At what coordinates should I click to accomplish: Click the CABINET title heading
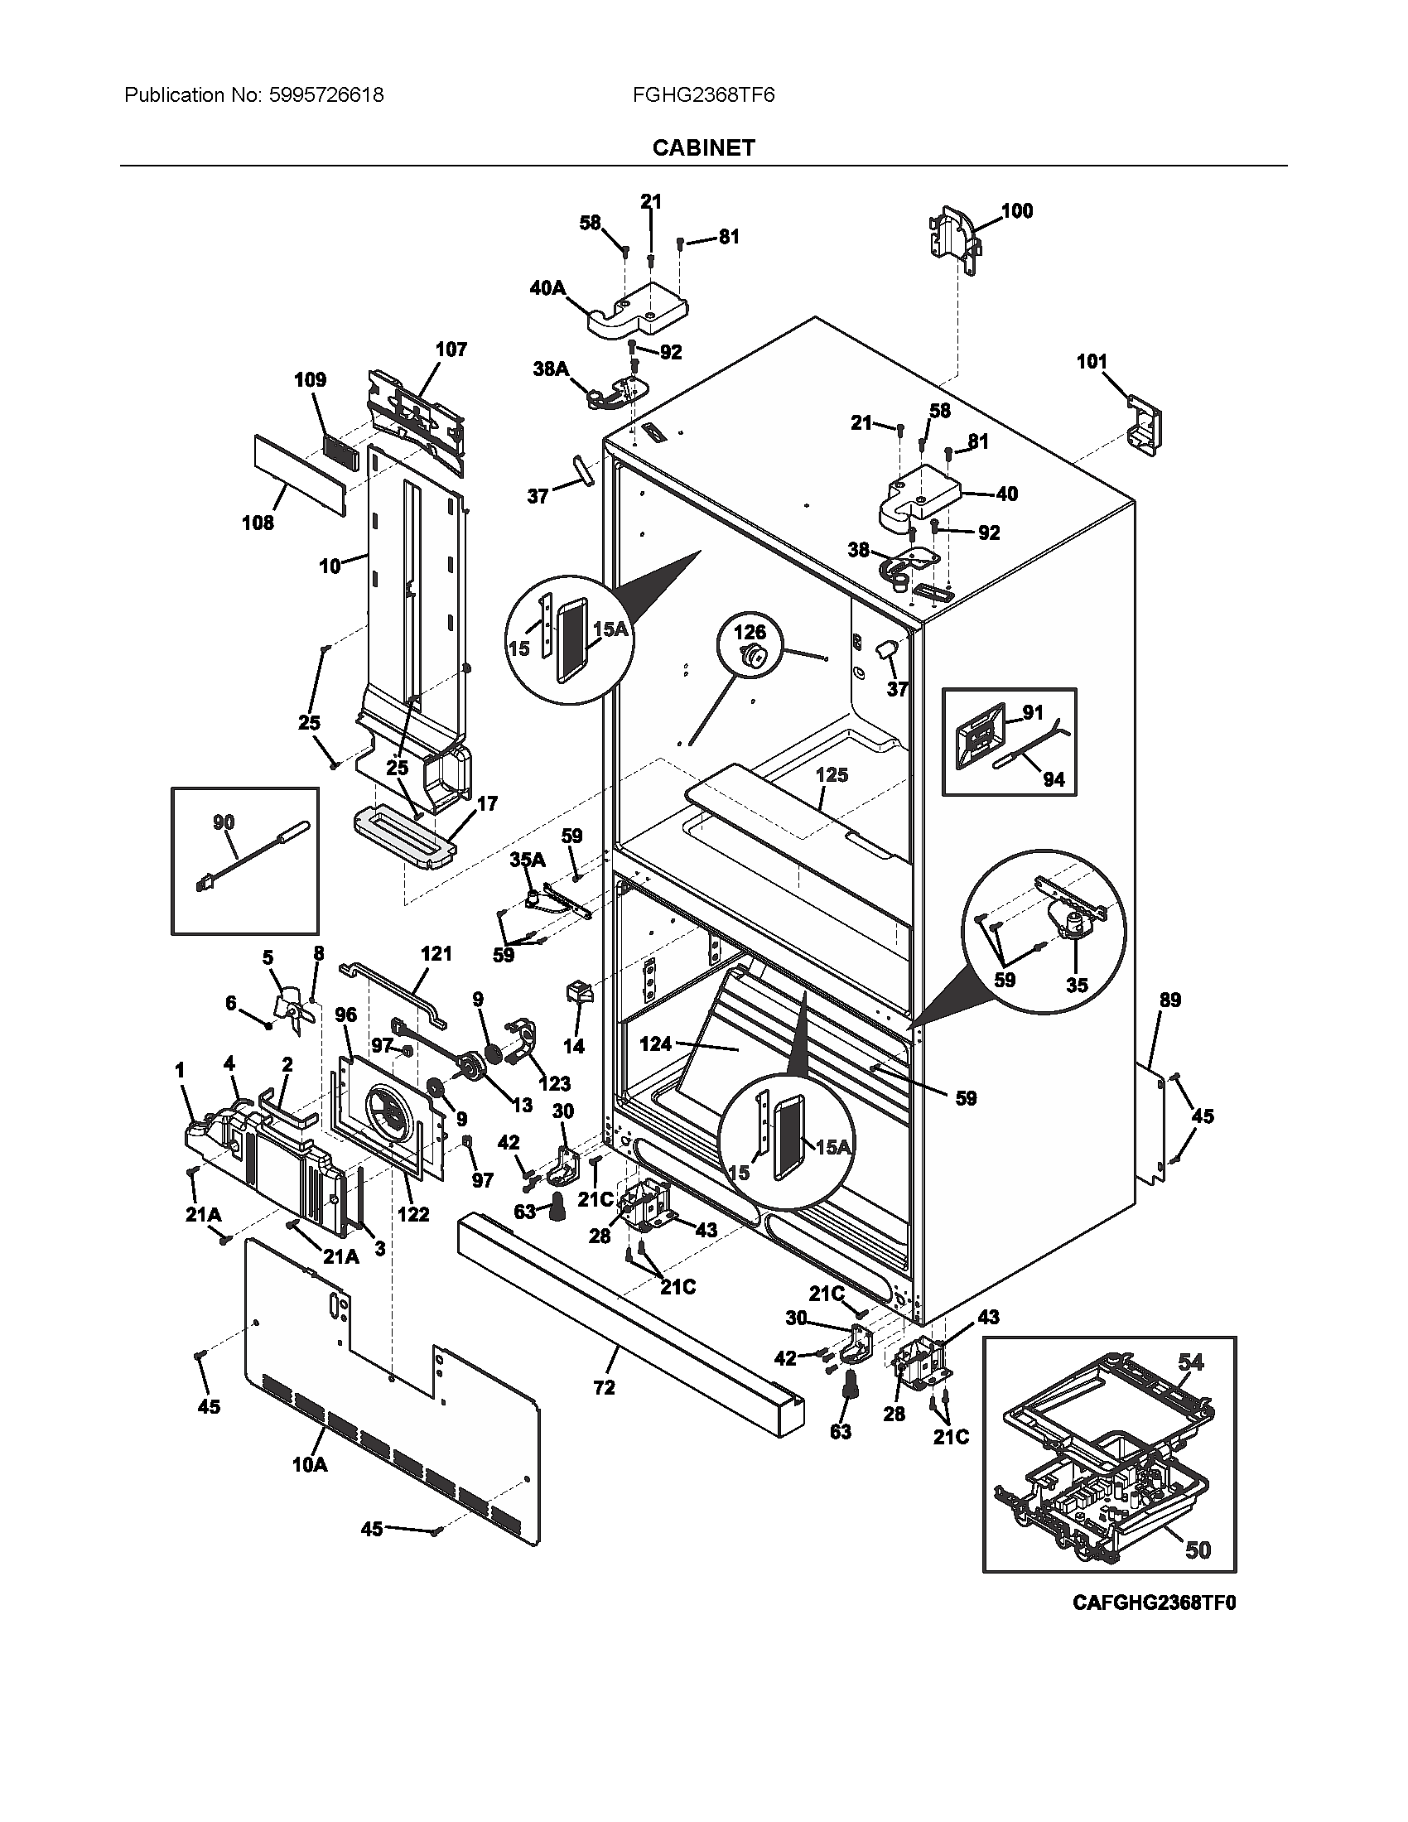(703, 147)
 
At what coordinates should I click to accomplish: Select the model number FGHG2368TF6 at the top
(703, 95)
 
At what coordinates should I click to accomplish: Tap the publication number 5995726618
(326, 95)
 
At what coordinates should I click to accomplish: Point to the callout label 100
(1016, 211)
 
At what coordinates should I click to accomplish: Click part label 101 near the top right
(1092, 361)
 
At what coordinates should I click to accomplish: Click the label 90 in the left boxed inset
(224, 822)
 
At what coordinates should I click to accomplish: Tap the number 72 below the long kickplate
(604, 1387)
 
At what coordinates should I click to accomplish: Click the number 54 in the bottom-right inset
(1191, 1362)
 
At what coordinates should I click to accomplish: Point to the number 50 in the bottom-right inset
(1198, 1550)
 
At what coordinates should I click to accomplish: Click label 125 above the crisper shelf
(832, 775)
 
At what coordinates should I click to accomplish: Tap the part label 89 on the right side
(1170, 1000)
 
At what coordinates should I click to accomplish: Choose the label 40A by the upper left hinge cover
(547, 288)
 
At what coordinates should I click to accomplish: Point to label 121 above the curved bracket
(436, 952)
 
